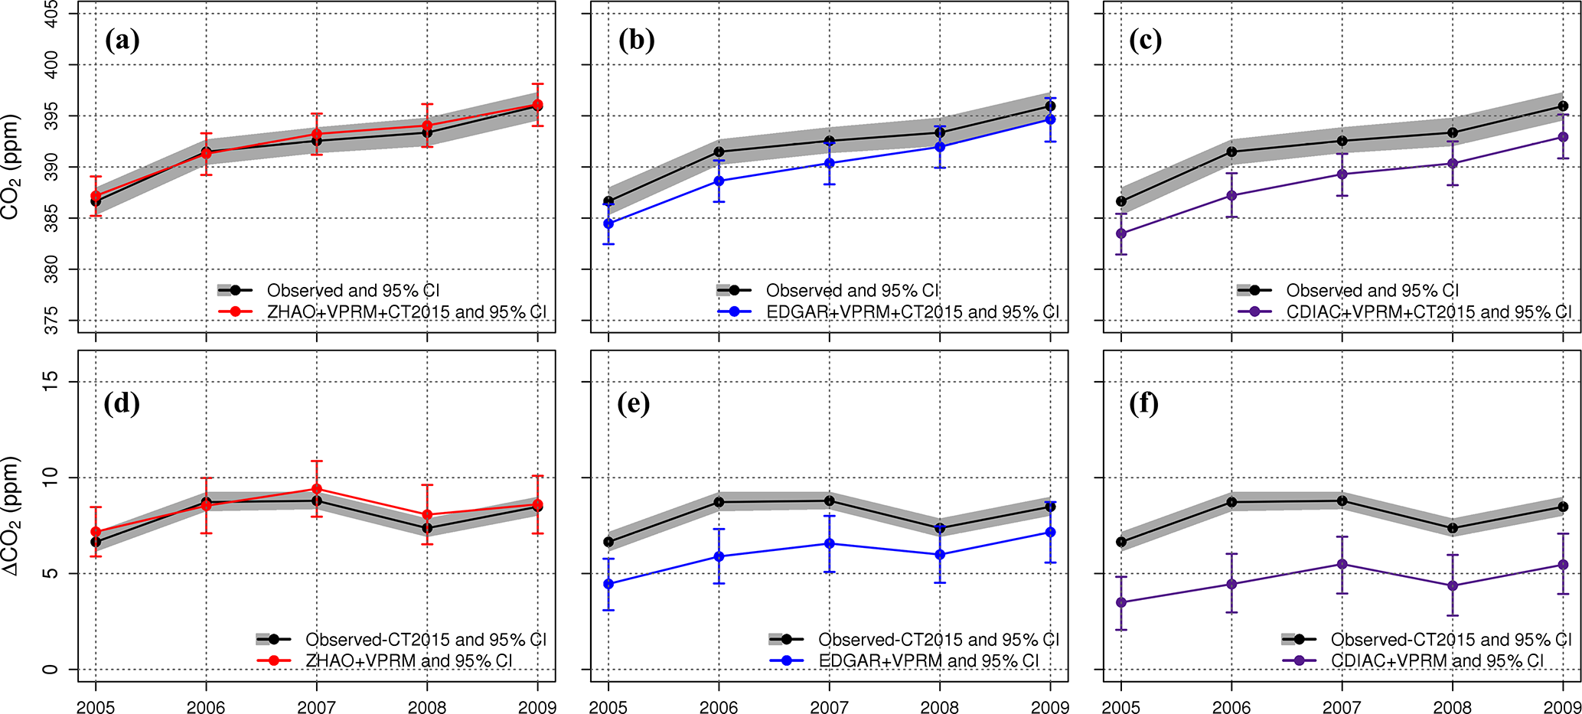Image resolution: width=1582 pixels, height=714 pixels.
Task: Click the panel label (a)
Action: click(x=122, y=40)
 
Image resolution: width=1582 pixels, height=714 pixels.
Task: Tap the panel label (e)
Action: click(x=634, y=403)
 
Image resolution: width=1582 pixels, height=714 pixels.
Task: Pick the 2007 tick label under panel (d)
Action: click(x=316, y=706)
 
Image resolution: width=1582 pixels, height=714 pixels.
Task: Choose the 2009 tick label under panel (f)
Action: click(x=1562, y=706)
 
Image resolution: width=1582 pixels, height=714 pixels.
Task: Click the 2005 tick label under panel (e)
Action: click(x=608, y=706)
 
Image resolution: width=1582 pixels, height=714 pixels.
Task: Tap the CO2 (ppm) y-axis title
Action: click(x=11, y=167)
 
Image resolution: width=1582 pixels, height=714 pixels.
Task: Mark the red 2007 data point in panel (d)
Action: click(x=316, y=489)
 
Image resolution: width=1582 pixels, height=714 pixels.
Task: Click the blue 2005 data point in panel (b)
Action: click(x=608, y=223)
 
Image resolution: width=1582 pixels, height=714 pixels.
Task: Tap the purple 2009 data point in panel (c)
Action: click(x=1563, y=137)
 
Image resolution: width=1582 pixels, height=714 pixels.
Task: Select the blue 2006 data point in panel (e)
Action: click(x=719, y=556)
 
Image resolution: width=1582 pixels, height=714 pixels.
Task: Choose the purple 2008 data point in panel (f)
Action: click(x=1453, y=586)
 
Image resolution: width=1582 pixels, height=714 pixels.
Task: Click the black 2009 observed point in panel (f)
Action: click(x=1563, y=507)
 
